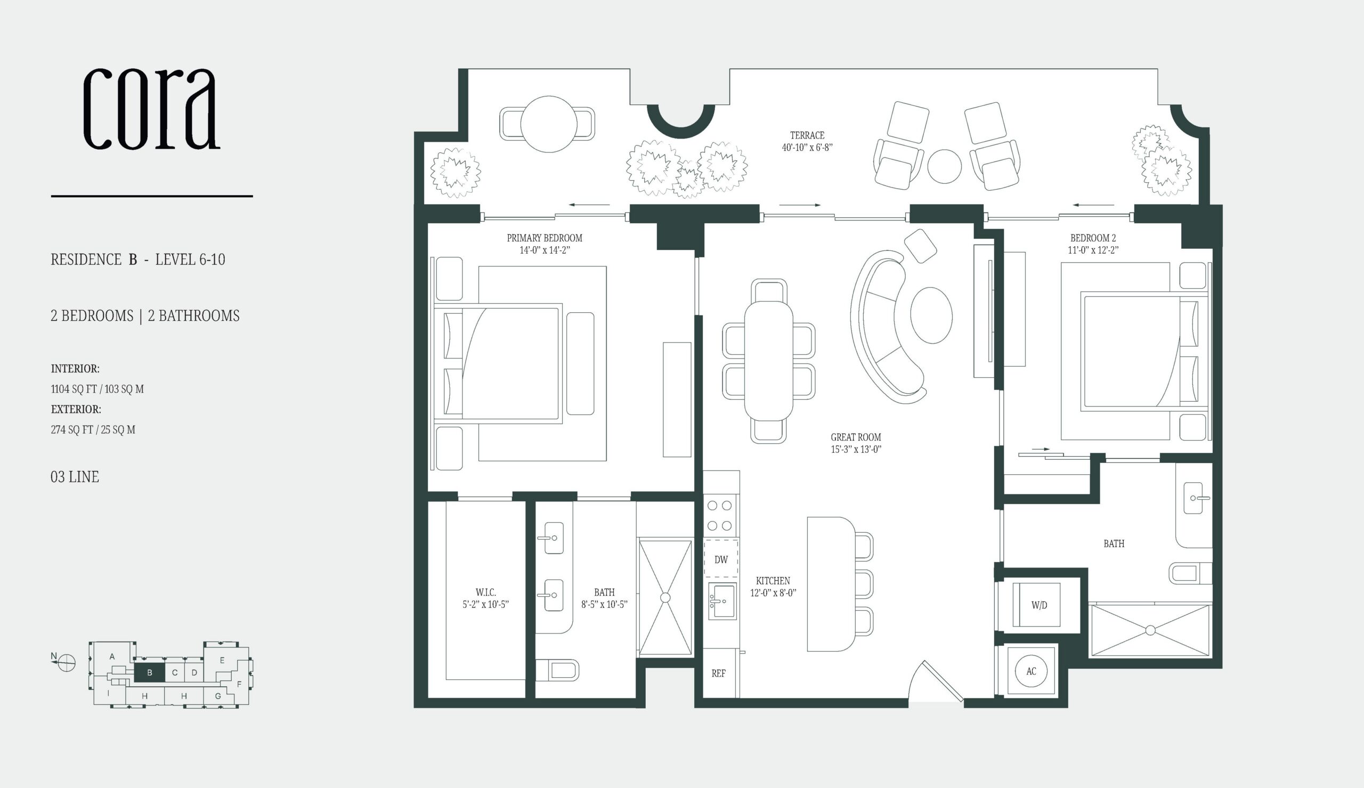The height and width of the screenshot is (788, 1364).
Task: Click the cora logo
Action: tap(151, 109)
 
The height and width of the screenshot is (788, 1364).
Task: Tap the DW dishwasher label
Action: tap(721, 559)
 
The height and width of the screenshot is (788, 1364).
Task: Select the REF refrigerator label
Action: tap(719, 673)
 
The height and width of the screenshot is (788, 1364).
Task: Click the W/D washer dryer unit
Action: tap(1036, 605)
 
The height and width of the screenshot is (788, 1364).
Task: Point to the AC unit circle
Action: tap(1031, 671)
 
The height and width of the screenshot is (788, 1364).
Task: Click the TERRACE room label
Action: tap(807, 135)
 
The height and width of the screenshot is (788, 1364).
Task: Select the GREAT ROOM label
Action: tap(856, 437)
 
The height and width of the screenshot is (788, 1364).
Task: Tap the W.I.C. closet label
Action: tap(486, 592)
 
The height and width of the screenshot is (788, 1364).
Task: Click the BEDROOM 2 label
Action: tap(1093, 238)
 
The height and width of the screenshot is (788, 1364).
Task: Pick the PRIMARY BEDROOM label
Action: tap(545, 238)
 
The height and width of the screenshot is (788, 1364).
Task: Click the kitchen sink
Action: tap(722, 601)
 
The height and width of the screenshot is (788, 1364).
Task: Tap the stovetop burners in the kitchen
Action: tap(720, 515)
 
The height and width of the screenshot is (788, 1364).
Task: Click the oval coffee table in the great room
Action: tap(931, 315)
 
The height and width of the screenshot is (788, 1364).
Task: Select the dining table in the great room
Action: tap(769, 361)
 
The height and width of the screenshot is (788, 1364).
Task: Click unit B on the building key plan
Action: tap(149, 673)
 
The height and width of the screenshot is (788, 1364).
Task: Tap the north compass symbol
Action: tap(66, 662)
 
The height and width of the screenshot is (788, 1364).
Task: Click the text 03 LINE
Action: tap(75, 477)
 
